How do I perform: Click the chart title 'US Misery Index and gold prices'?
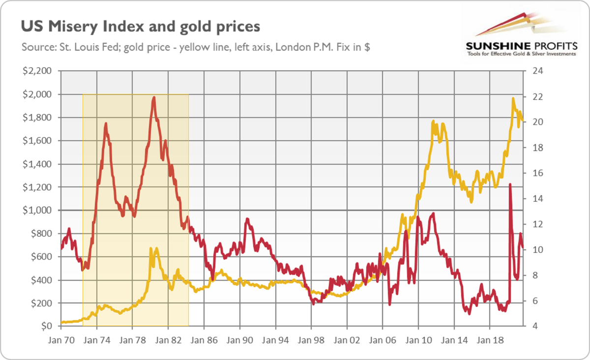[140, 26]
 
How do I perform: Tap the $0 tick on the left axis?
[45, 327]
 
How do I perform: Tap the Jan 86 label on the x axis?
[204, 340]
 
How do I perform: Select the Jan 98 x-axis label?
[311, 340]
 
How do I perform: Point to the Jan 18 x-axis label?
[490, 340]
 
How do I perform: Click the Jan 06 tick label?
[383, 340]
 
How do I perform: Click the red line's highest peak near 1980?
[154, 97]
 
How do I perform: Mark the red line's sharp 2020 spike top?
[510, 184]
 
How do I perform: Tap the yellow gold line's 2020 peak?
[513, 98]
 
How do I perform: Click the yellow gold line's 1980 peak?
[150, 249]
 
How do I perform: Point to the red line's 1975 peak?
[106, 123]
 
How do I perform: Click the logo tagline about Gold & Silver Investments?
[521, 54]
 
